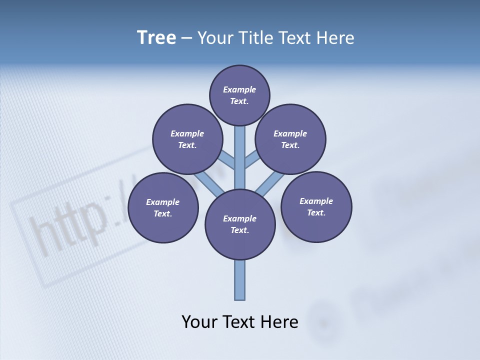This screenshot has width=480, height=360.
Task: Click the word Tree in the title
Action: click(156, 38)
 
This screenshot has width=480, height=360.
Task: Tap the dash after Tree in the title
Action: click(186, 38)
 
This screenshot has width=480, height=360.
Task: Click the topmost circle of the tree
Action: click(239, 95)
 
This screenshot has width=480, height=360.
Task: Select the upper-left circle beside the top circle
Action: click(187, 139)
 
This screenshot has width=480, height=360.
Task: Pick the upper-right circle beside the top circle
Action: click(290, 139)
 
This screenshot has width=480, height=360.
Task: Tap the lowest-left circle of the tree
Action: click(163, 207)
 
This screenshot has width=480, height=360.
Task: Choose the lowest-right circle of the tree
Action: click(316, 206)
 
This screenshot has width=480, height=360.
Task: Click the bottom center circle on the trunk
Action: click(240, 224)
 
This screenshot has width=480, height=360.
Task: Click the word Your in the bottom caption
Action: click(199, 322)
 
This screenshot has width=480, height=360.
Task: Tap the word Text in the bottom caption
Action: click(240, 322)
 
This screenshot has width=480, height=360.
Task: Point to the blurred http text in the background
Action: click(75, 225)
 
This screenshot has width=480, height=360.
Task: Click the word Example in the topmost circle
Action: click(239, 89)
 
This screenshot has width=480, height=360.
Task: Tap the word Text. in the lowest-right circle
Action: click(316, 212)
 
